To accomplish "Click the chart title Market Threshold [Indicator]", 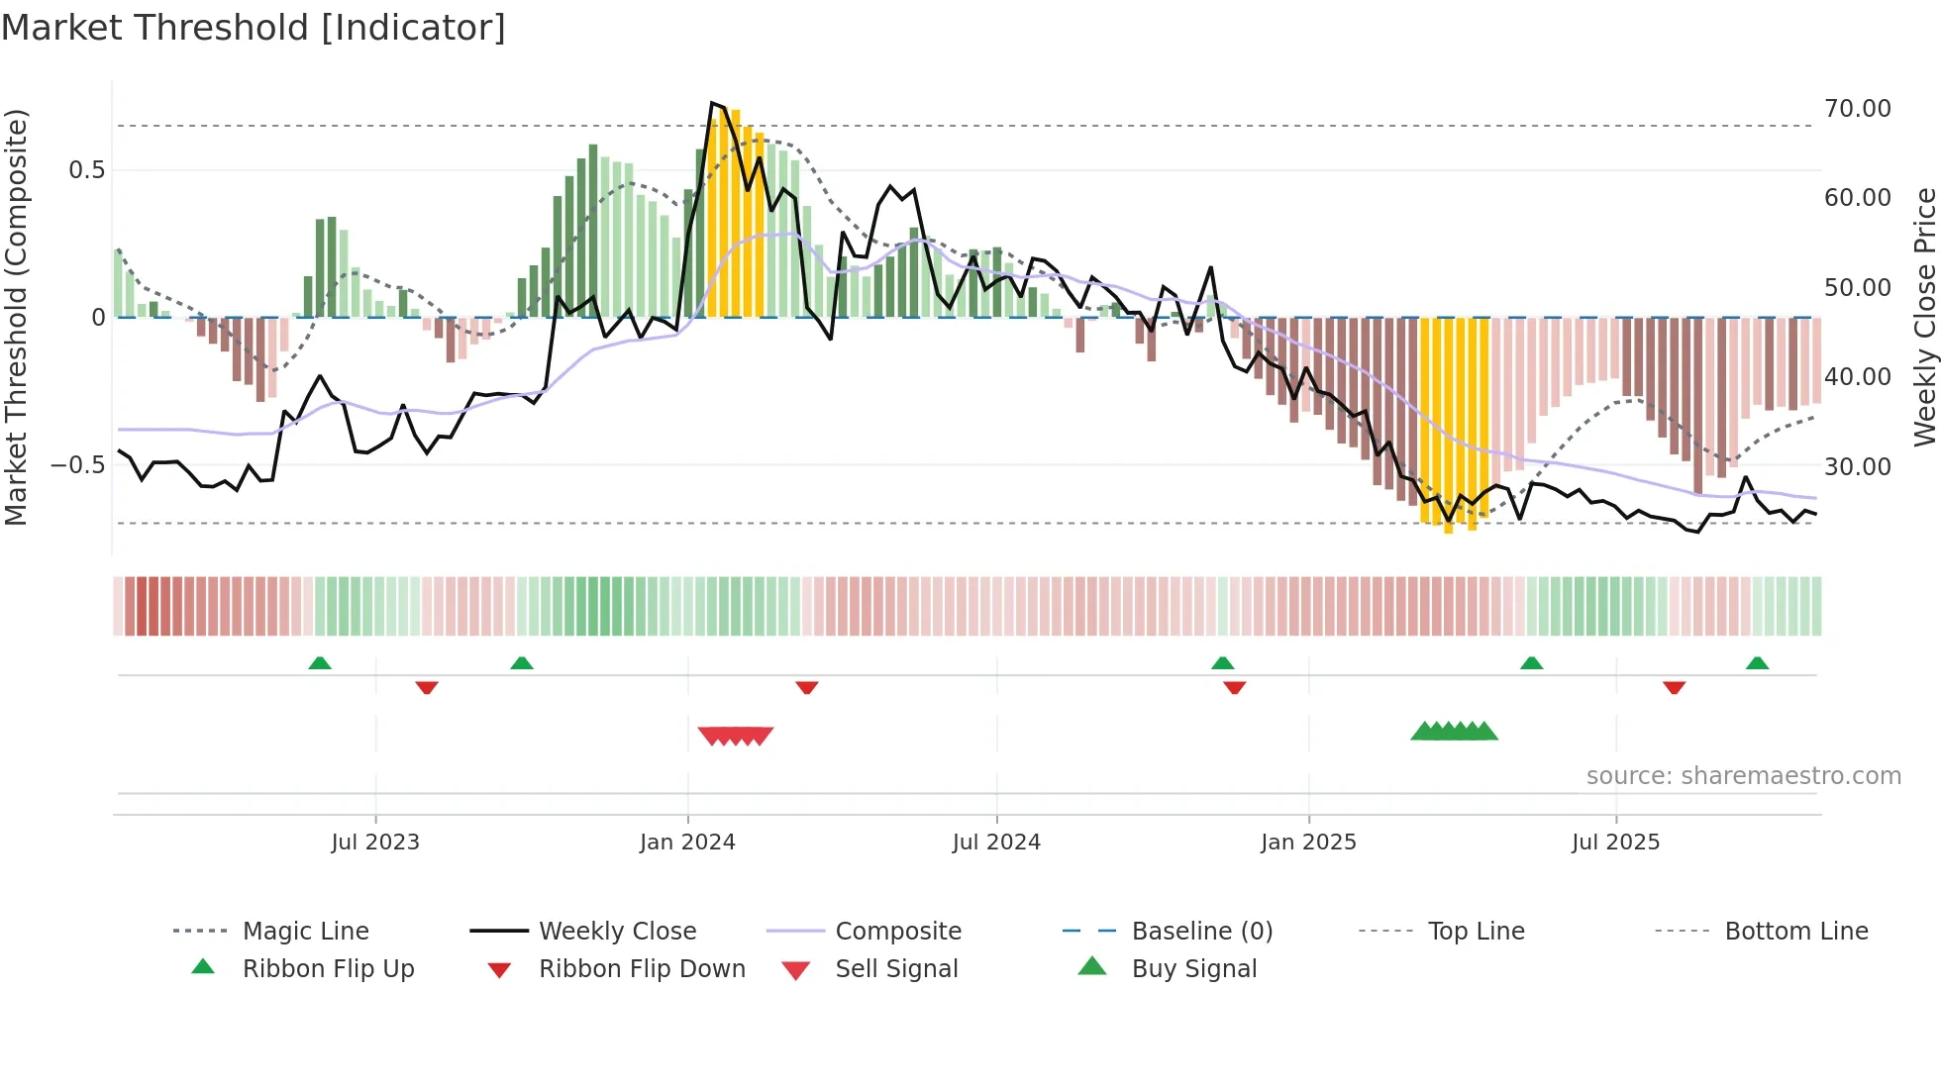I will click(254, 28).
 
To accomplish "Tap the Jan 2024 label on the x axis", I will click(687, 843).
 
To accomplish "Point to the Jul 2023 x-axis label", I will click(375, 843).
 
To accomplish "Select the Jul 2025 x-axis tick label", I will click(1615, 843).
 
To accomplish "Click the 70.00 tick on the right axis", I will click(1857, 109).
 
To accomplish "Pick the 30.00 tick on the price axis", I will click(1857, 466).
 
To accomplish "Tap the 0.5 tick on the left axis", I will click(86, 170).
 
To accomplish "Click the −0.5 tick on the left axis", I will click(77, 465).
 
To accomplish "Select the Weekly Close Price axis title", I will click(1924, 317).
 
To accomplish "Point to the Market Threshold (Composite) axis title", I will click(16, 317).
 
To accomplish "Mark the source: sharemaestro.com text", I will click(1743, 776).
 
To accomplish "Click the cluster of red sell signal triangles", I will click(735, 736).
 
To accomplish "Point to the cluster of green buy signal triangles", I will click(1454, 732).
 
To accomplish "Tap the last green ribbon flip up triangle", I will click(1757, 663).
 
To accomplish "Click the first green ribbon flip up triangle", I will click(320, 663).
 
